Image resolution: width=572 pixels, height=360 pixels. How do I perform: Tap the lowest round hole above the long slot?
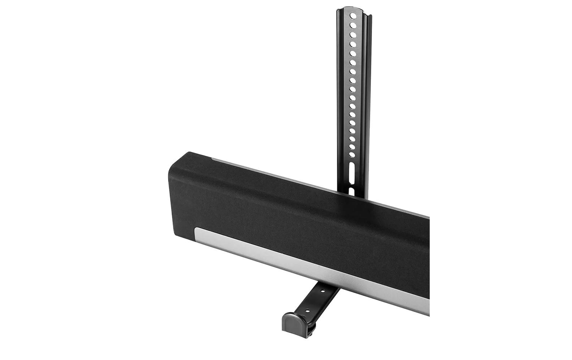352,154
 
